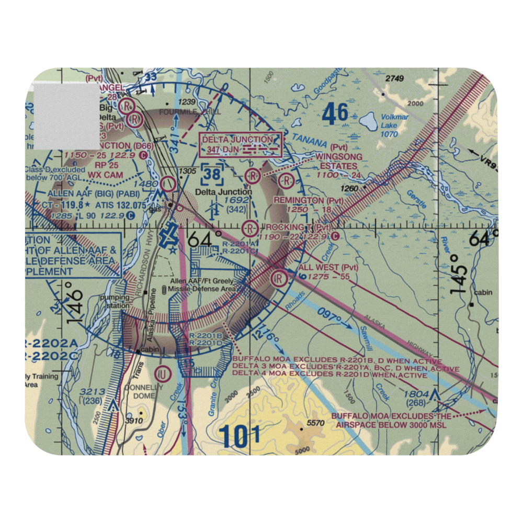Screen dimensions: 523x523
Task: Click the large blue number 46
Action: pyautogui.click(x=335, y=114)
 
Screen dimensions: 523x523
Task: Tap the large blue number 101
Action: pyautogui.click(x=240, y=437)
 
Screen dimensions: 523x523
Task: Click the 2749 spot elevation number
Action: pyautogui.click(x=395, y=78)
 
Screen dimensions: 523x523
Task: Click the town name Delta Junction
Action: pyautogui.click(x=223, y=192)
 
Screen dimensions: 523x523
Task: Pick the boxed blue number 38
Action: pyautogui.click(x=212, y=175)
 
